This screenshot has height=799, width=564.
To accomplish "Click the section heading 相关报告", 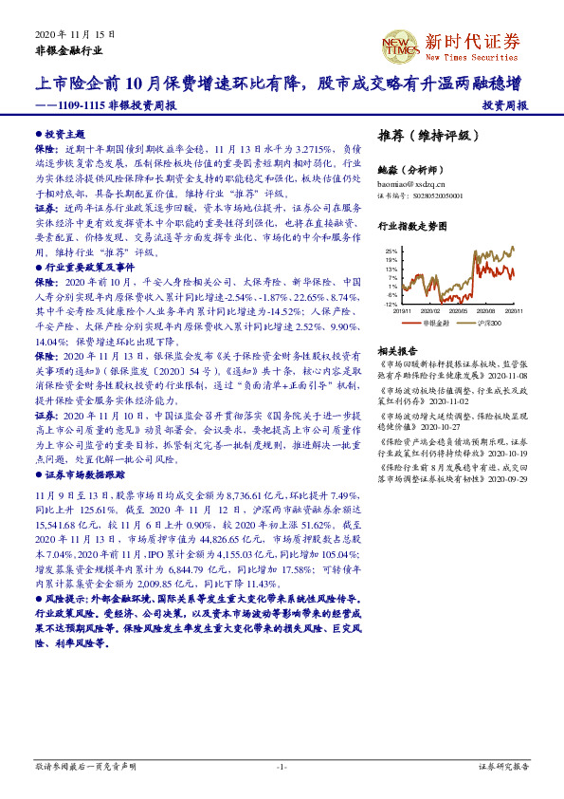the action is click(x=396, y=351).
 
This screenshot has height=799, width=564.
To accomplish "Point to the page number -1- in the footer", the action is click(x=282, y=765).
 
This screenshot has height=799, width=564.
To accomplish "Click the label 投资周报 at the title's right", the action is click(x=504, y=106).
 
